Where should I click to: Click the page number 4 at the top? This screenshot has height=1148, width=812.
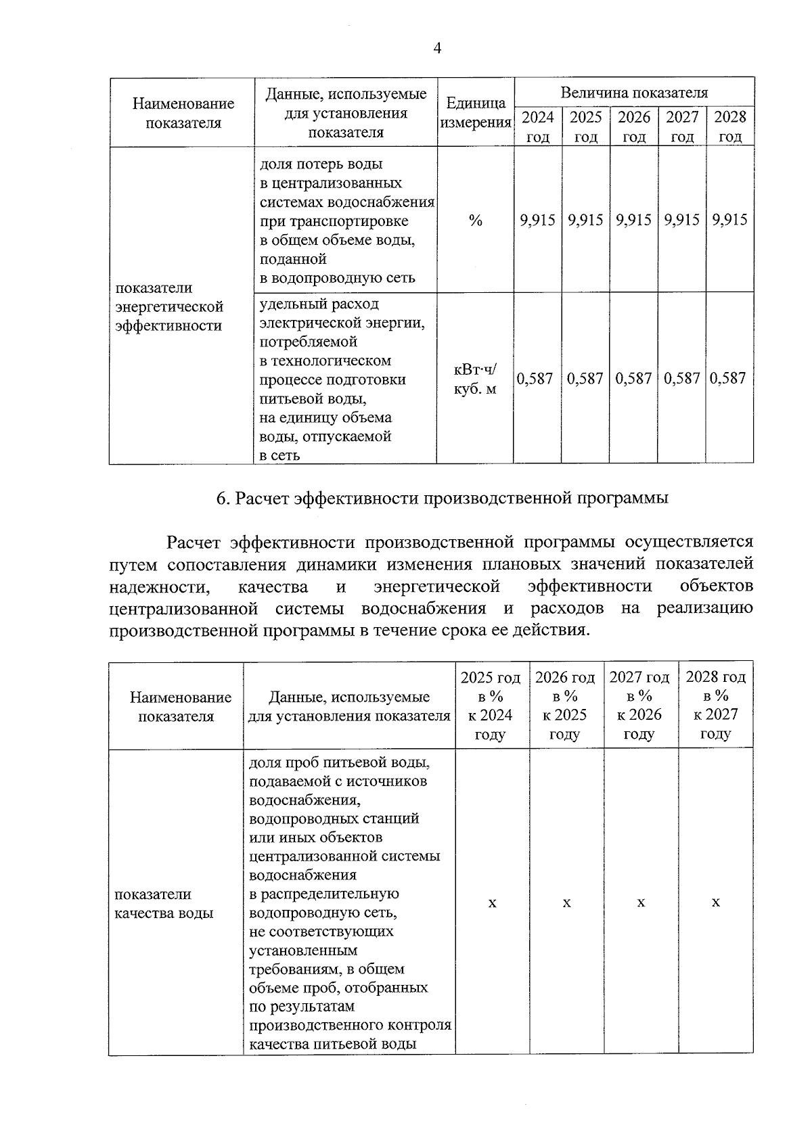437,48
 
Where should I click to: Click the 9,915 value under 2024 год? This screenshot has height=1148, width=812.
537,220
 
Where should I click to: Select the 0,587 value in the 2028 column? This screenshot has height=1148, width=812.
729,378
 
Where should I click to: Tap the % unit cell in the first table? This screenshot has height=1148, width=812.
475,221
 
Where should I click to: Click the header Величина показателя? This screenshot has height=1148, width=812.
634,93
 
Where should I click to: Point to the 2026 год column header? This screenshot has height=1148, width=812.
634,127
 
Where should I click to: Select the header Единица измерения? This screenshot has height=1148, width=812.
476,113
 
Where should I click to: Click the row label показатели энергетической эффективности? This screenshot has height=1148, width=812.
169,307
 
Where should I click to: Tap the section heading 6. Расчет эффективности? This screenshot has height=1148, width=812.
442,499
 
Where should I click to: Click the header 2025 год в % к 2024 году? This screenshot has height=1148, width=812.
491,706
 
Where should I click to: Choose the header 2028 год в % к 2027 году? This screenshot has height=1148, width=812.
716,706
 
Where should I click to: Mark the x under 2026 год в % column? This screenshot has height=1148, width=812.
566,903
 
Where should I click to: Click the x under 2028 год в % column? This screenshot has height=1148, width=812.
716,903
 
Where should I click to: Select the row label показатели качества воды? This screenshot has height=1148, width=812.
164,904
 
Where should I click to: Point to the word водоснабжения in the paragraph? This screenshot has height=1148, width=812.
424,608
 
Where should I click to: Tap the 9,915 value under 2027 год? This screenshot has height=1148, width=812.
682,220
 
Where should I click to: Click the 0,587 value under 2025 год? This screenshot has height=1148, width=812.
585,378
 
